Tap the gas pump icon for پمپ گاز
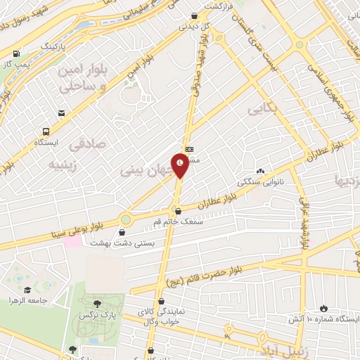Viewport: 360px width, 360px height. coord(15,53)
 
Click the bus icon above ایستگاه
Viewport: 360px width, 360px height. coord(46,131)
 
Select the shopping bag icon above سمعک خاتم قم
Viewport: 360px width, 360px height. coord(177,210)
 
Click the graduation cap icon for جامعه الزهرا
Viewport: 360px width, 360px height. coord(27,290)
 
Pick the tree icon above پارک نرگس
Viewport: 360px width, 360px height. coord(96,303)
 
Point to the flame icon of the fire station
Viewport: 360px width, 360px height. coord(323,308)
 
